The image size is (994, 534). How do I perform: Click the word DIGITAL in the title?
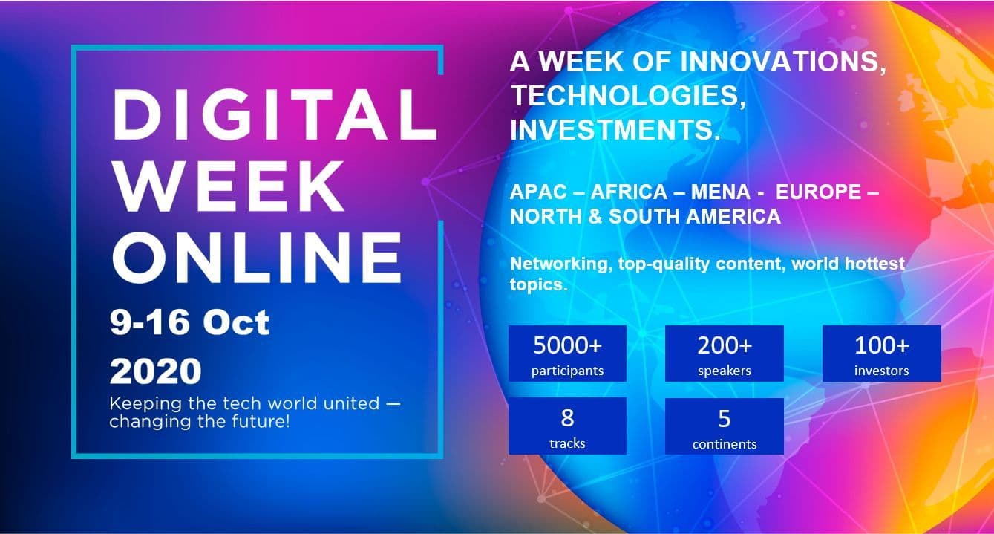tap(275, 114)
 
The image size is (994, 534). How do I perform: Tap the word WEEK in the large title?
tap(228, 186)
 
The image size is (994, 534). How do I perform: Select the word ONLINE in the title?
tap(257, 257)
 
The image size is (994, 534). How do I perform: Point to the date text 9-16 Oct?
tap(189, 322)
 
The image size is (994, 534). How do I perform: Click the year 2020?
tap(155, 371)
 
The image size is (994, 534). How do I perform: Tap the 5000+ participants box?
tap(567, 354)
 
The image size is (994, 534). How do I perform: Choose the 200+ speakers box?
tap(725, 354)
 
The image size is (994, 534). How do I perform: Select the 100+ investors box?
tap(882, 354)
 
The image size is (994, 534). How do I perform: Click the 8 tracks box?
tap(567, 426)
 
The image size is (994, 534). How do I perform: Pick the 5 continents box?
tap(725, 426)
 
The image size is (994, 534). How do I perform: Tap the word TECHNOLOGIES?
tap(628, 97)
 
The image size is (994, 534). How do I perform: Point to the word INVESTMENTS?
tap(615, 130)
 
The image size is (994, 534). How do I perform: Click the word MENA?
tap(721, 192)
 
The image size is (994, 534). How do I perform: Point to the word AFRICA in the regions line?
tap(629, 192)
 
